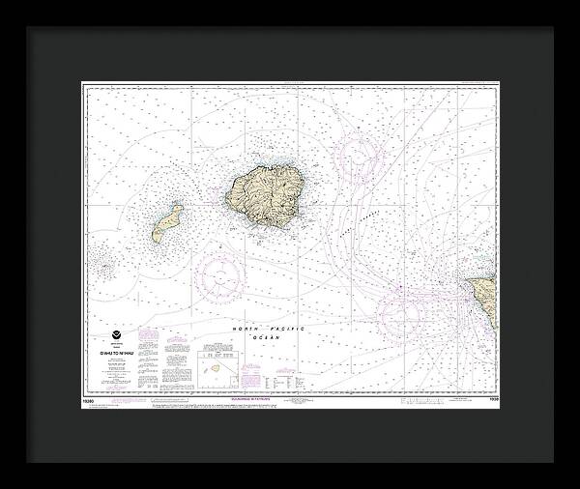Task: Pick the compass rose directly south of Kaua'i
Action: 221,277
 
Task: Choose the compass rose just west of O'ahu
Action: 398,314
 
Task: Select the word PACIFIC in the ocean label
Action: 285,330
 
